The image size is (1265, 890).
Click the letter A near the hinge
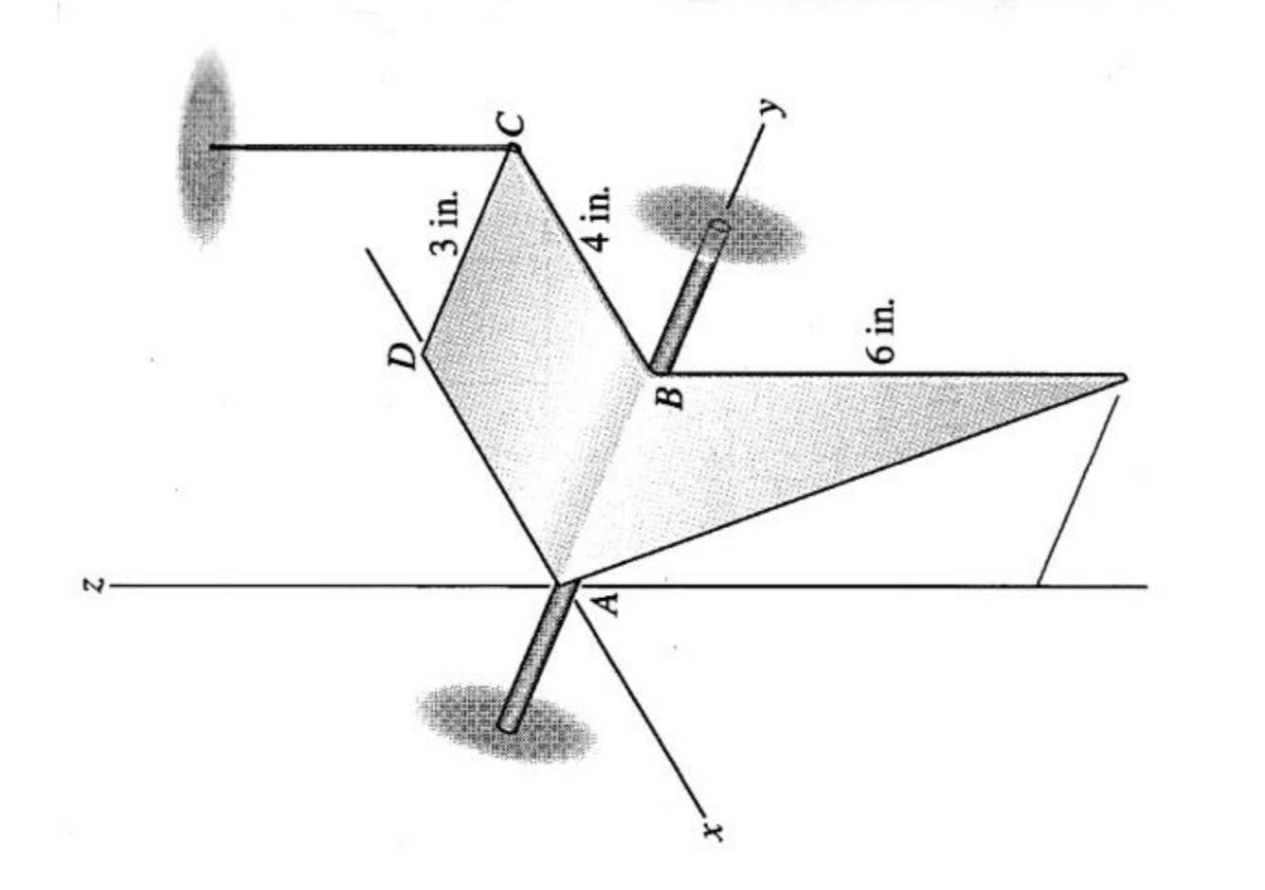click(607, 601)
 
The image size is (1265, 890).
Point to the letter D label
click(405, 356)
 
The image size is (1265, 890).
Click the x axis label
click(715, 831)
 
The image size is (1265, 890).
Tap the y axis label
click(777, 105)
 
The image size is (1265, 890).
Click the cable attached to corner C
click(360, 147)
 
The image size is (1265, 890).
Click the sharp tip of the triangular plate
click(1122, 378)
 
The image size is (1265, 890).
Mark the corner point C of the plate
click(513, 149)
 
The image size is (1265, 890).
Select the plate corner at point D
click(424, 353)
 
